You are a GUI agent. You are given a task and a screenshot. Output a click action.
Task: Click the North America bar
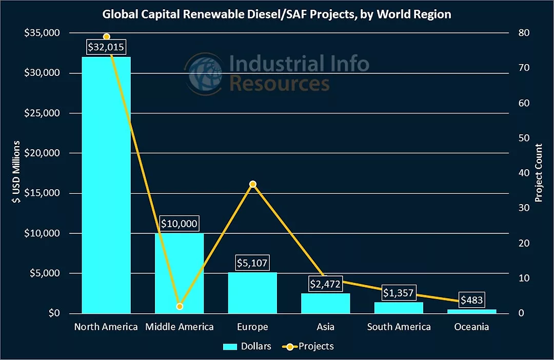click(106, 185)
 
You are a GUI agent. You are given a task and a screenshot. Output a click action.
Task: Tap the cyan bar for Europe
click(252, 292)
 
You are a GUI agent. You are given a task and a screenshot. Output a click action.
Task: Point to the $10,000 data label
click(179, 224)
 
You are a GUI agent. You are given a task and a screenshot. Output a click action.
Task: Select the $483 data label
click(471, 300)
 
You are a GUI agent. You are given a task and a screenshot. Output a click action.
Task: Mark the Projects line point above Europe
click(252, 184)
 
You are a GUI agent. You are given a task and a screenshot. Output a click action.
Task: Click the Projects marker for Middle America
click(179, 307)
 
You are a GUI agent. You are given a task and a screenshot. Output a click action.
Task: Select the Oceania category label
click(471, 327)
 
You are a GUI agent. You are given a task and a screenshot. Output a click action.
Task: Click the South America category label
click(399, 327)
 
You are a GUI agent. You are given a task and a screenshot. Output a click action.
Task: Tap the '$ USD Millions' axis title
click(17, 172)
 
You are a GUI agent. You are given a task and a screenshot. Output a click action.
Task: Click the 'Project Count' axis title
click(539, 173)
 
